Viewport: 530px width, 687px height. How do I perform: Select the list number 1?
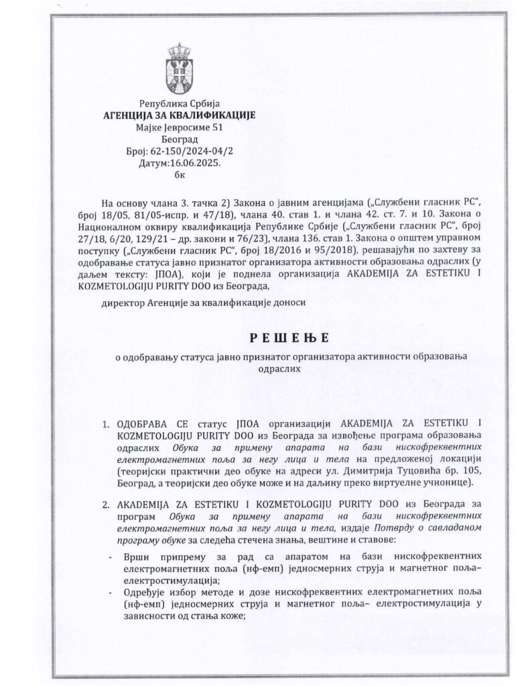point(105,424)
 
